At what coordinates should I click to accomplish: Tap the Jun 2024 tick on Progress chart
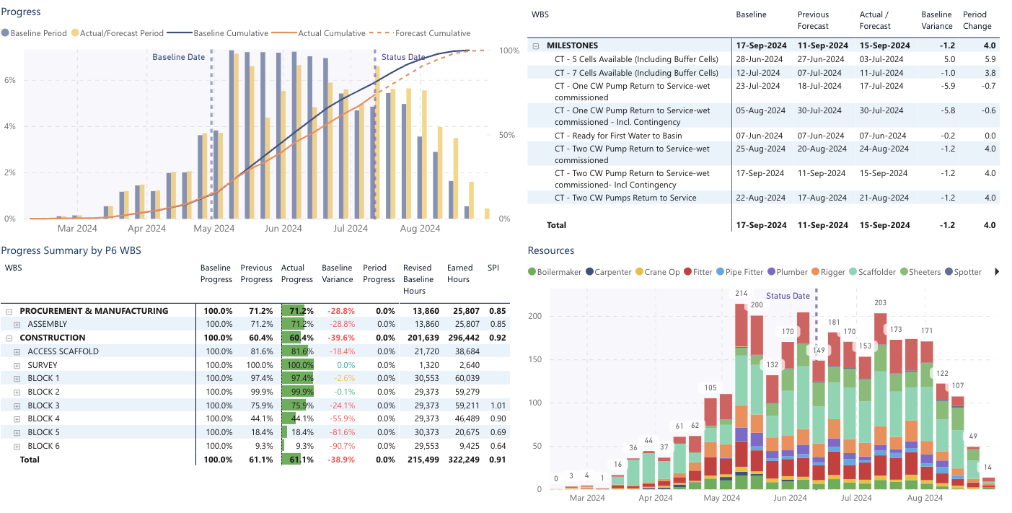[283, 229]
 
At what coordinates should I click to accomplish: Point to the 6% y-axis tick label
[10, 80]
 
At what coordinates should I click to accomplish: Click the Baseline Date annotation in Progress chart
[178, 57]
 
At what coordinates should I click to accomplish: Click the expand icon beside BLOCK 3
[17, 405]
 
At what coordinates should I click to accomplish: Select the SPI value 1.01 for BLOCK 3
[493, 405]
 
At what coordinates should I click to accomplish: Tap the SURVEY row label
[43, 365]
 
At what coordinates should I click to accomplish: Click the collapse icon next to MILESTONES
[536, 45]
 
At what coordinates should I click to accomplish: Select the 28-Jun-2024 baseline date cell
[760, 59]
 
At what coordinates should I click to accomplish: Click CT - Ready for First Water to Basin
[618, 136]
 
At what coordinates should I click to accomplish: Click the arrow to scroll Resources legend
[998, 272]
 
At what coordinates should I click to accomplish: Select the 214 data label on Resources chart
[741, 294]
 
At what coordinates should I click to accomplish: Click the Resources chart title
[551, 250]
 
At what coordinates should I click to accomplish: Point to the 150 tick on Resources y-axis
[534, 359]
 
